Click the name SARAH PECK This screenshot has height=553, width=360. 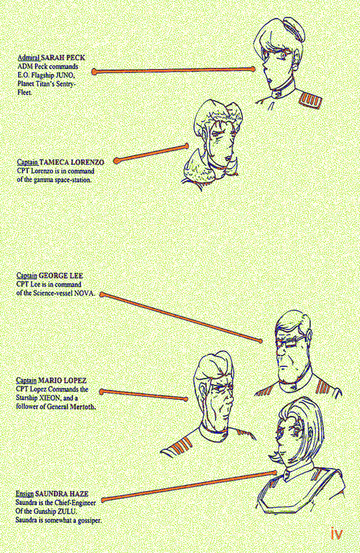coord(63,58)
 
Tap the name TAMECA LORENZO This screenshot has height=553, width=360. coord(72,162)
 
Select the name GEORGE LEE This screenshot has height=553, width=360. coord(61,275)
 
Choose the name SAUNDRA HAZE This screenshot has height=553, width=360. coord(62,494)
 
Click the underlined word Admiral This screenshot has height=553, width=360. coord(29,58)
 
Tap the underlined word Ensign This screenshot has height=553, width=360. coord(25,494)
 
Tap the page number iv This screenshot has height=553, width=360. coord(337,534)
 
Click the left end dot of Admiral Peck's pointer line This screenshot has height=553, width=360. coord(94,72)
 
